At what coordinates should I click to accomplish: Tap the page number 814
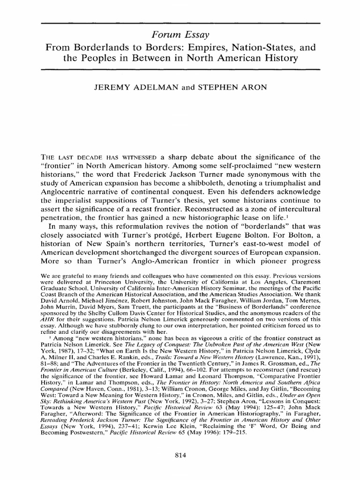[x=180, y=455]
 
